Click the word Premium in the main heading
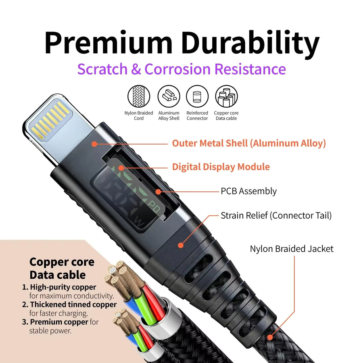(108, 43)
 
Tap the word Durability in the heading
(250, 44)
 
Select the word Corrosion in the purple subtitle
(177, 69)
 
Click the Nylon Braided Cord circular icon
(139, 96)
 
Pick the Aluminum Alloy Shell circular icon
(169, 96)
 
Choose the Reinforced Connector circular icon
(197, 96)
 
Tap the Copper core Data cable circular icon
(226, 96)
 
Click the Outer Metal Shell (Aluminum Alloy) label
(249, 143)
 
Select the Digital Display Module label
(221, 167)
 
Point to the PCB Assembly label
(248, 191)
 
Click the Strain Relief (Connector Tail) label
(276, 215)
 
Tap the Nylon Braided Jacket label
(292, 249)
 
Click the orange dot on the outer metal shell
(94, 144)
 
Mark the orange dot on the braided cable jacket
(270, 337)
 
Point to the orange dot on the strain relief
(181, 245)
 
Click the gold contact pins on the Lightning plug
(50, 120)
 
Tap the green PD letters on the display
(154, 207)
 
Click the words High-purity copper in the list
(63, 287)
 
